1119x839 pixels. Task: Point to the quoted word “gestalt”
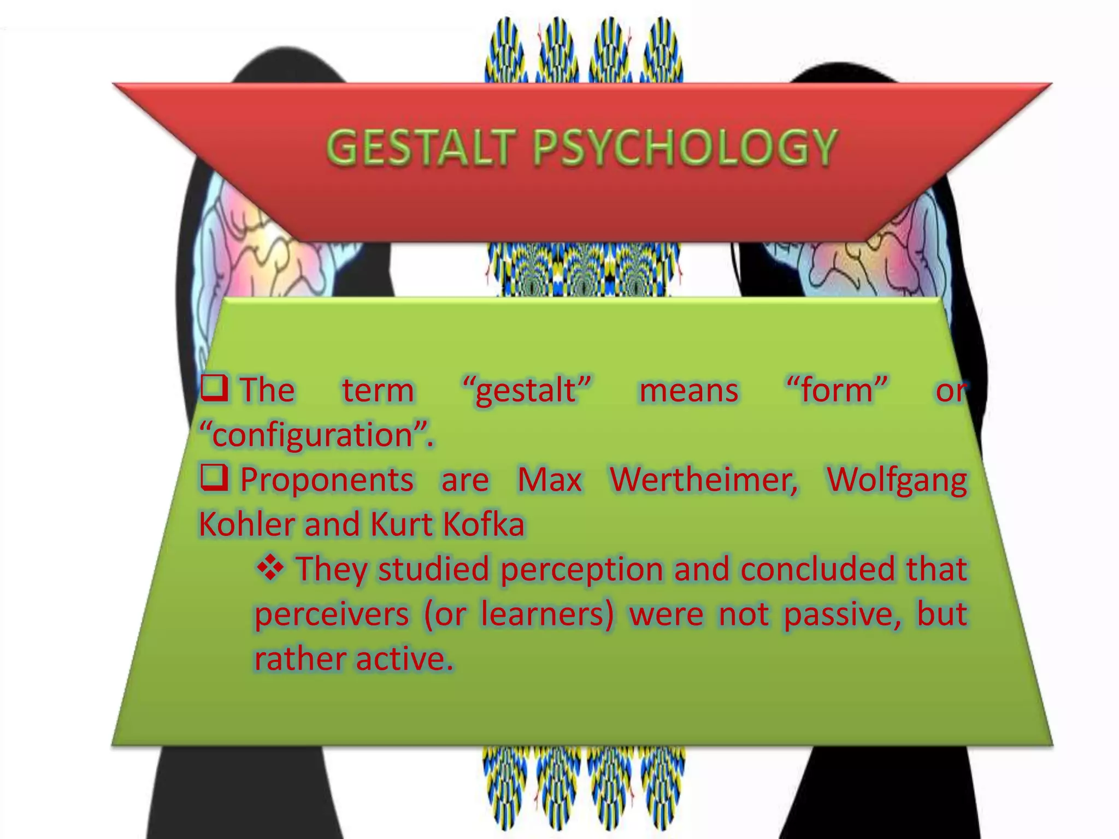point(526,391)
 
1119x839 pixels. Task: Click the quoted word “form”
point(836,391)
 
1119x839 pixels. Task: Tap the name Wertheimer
point(704,480)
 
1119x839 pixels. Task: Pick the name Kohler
point(245,525)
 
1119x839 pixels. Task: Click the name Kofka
point(484,525)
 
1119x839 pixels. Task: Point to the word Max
point(550,480)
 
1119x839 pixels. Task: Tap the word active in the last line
point(404,659)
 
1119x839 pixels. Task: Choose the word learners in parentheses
point(547,615)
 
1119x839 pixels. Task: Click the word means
point(688,391)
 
